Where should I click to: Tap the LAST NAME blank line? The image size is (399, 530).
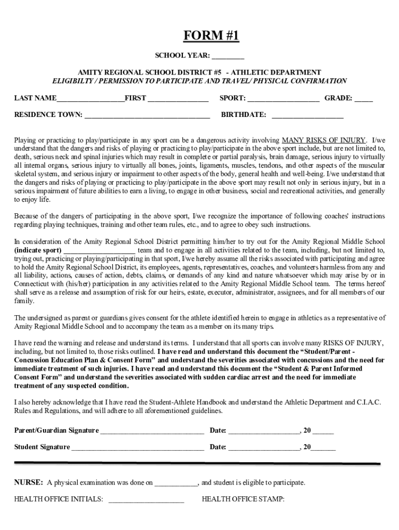[x=90, y=98]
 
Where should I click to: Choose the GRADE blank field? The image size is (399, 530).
[x=363, y=98]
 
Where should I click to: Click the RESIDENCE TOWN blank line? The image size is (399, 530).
[x=147, y=115]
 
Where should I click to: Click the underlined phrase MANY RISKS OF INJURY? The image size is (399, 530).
[x=324, y=140]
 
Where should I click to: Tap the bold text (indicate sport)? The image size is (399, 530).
[x=38, y=249]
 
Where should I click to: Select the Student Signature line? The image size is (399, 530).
[x=137, y=447]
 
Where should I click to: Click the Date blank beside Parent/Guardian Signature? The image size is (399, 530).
[x=264, y=431]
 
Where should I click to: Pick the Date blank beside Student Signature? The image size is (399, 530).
[x=264, y=447]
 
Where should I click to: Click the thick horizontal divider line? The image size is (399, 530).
[x=197, y=463]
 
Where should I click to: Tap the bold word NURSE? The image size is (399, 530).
[x=28, y=482]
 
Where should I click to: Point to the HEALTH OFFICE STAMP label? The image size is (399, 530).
[x=243, y=499]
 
